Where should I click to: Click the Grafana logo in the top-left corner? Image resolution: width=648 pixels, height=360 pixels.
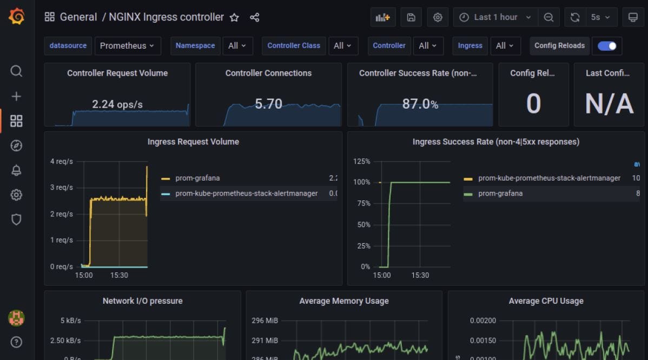[17, 17]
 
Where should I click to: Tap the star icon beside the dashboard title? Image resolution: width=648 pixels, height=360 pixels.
[234, 17]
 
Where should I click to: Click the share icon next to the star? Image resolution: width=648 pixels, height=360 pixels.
[254, 17]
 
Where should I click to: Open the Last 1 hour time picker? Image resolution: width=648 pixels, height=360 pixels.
[495, 17]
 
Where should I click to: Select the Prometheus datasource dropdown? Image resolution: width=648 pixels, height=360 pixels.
[127, 46]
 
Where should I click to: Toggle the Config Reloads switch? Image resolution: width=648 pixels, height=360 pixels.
[607, 46]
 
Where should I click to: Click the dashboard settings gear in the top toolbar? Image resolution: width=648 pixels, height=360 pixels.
[438, 17]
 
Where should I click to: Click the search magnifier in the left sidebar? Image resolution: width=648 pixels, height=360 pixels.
[17, 71]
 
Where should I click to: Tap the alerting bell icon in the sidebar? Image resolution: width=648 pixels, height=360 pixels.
[17, 170]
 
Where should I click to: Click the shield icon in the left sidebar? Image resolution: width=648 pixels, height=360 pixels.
[17, 219]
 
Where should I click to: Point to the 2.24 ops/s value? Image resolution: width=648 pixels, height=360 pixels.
[117, 104]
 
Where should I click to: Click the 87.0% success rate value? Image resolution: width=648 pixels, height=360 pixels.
[420, 104]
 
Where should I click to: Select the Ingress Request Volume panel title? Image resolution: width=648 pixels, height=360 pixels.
[193, 142]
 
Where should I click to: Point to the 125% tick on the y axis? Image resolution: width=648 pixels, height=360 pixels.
[361, 161]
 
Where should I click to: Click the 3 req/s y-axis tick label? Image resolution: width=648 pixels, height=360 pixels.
[61, 188]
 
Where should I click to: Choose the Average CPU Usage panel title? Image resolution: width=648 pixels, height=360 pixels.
[546, 301]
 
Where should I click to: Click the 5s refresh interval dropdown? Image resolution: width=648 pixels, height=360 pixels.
[600, 17]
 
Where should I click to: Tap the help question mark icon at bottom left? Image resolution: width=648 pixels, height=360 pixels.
[17, 342]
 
